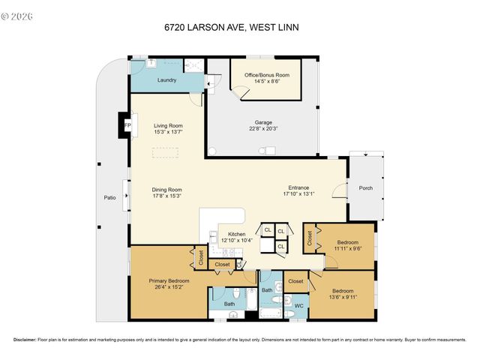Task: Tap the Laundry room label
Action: pos(166,79)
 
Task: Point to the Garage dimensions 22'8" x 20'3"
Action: pos(262,128)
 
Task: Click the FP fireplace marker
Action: pos(127,125)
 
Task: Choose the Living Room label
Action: pos(169,125)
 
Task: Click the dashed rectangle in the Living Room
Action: pos(166,153)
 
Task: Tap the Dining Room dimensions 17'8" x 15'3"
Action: pos(169,196)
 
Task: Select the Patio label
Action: pos(109,198)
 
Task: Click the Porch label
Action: pos(365,188)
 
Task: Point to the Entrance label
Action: pos(299,187)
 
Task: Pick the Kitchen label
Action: pos(237,235)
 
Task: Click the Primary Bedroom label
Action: pos(169,280)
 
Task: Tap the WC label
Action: pos(298,306)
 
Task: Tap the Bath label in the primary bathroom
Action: pos(229,304)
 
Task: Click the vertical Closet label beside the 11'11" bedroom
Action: pos(310,238)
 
